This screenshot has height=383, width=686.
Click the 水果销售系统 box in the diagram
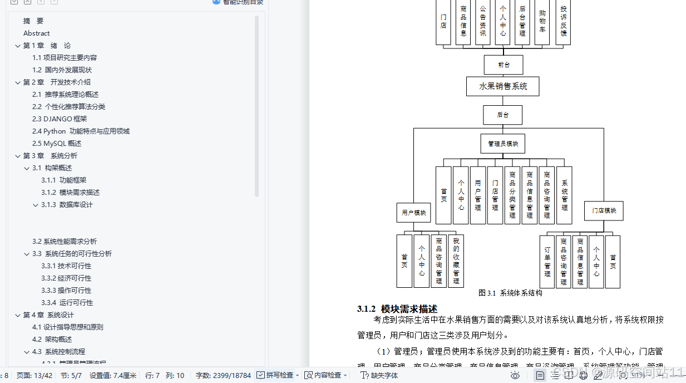point(502,86)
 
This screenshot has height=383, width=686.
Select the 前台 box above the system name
point(503,65)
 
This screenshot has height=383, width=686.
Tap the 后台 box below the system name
point(502,115)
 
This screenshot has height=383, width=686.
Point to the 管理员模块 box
point(502,144)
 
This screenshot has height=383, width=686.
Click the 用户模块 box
point(413,212)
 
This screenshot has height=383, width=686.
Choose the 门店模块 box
point(604,211)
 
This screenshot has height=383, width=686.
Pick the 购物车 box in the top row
point(542,22)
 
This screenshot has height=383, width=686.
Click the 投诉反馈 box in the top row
point(563,22)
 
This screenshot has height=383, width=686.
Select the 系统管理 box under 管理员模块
point(564,195)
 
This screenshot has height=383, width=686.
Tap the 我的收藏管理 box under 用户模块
point(456,261)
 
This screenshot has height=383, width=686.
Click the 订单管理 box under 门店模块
point(547,262)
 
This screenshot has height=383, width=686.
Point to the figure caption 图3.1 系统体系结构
point(510,293)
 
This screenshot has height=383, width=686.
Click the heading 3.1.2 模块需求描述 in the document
point(397,309)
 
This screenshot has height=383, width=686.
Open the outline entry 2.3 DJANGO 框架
point(60,119)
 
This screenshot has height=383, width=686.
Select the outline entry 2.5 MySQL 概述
point(57,143)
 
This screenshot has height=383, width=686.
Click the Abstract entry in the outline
point(37,33)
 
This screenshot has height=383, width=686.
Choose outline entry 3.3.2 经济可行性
point(66,278)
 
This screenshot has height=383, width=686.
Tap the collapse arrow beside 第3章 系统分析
point(18,156)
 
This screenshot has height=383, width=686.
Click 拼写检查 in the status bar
point(279,375)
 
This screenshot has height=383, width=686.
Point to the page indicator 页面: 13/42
point(34,375)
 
